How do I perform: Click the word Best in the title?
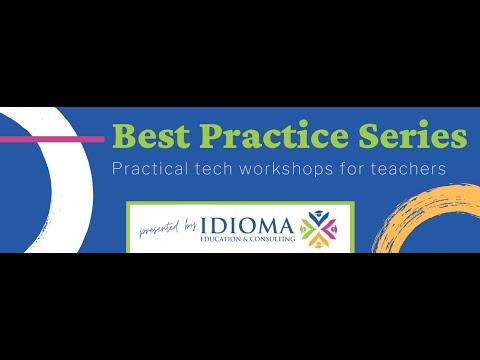pos(148,135)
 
